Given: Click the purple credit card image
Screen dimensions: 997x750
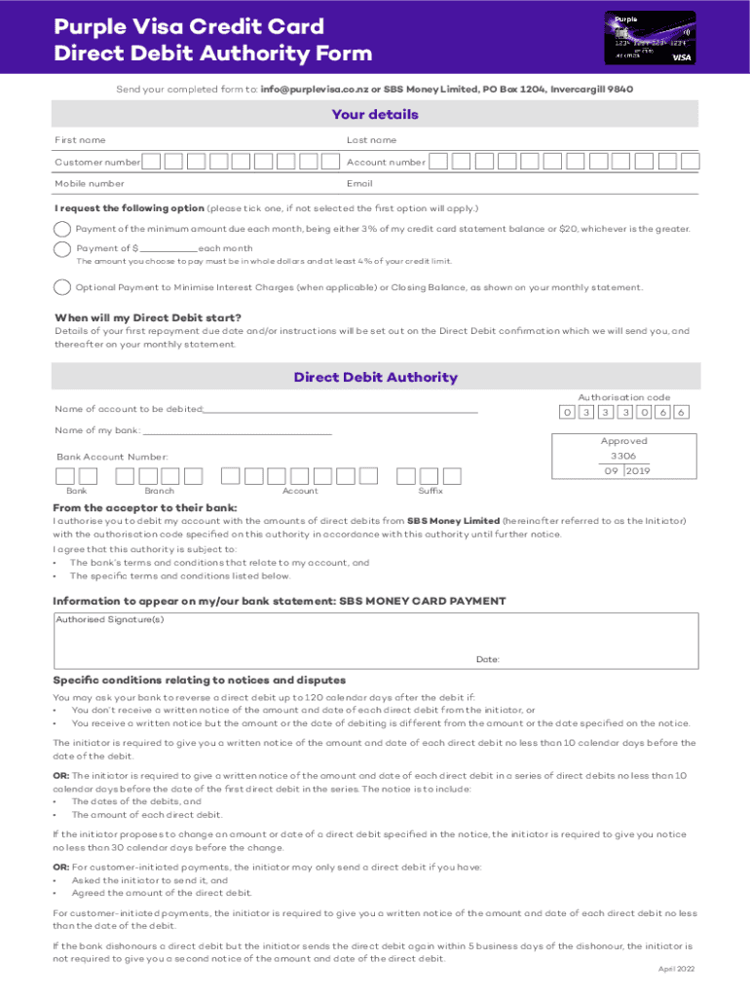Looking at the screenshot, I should [x=652, y=37].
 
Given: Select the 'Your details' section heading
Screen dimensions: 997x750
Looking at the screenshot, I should [x=375, y=115].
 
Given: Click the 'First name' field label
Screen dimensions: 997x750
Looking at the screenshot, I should [x=81, y=140].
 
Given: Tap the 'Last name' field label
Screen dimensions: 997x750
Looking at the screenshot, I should [x=372, y=140].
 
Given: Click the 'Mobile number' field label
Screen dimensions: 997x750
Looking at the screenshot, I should [x=90, y=183].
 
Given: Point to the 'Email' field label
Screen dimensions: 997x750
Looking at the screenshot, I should [x=359, y=183].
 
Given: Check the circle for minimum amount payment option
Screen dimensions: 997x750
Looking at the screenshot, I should [x=62, y=229].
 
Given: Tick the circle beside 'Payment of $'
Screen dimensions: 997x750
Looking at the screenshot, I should [x=62, y=248].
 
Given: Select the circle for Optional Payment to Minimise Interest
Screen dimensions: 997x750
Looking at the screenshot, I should [x=62, y=287].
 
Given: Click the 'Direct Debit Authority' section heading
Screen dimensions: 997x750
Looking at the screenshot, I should [x=375, y=378].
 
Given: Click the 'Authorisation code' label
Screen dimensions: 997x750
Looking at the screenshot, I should [x=624, y=397].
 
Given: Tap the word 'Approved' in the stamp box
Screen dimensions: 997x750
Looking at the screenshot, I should [x=624, y=441].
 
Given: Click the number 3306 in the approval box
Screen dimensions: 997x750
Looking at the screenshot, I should [x=623, y=456].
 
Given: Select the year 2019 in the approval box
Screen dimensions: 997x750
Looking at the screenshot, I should [x=638, y=471].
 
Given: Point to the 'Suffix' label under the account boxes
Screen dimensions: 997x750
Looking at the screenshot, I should [x=431, y=492].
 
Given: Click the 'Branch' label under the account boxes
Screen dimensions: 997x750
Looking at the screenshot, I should [x=160, y=492].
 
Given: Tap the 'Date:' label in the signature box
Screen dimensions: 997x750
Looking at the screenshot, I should [x=488, y=659].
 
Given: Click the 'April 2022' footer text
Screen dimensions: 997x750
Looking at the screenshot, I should [x=676, y=969].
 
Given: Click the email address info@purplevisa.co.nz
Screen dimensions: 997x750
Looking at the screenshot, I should [x=315, y=89].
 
